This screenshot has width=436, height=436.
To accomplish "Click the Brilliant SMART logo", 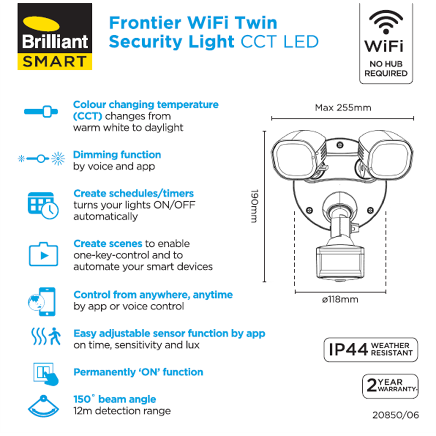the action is pyautogui.click(x=55, y=36).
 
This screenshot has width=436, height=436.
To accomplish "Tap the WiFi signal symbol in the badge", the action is pyautogui.click(x=386, y=22).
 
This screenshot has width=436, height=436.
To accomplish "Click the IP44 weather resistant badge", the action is pyautogui.click(x=371, y=350).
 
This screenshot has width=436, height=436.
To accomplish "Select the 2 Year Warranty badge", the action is pyautogui.click(x=390, y=386).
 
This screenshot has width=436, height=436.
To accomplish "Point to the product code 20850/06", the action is pyautogui.click(x=396, y=415).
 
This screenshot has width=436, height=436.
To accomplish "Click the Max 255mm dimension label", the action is pyautogui.click(x=343, y=108).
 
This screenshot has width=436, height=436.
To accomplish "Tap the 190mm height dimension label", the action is pyautogui.click(x=254, y=206).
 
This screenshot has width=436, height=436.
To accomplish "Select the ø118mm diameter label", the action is pyautogui.click(x=340, y=299).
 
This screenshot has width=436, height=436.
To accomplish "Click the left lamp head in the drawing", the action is pyautogui.click(x=298, y=156).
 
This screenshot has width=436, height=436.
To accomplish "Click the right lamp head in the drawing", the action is pyautogui.click(x=385, y=156).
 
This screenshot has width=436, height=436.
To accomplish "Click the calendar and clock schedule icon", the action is pyautogui.click(x=43, y=206).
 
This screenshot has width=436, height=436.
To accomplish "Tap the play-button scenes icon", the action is pyautogui.click(x=44, y=254).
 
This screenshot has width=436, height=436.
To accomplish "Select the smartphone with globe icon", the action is pyautogui.click(x=42, y=302).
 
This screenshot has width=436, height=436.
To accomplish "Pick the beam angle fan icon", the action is pyautogui.click(x=44, y=406).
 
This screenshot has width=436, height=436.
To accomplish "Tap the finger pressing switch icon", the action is pyautogui.click(x=46, y=374).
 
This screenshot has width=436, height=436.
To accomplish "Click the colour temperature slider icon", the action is pyautogui.click(x=41, y=111).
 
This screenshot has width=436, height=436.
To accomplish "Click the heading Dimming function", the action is pyautogui.click(x=117, y=155).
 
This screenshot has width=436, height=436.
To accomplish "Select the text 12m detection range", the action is pyautogui.click(x=122, y=411).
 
